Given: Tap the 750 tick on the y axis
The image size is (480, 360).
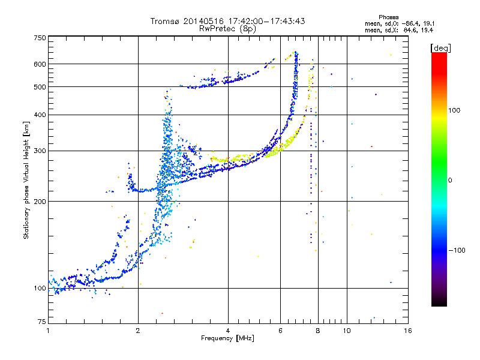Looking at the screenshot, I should click(x=40, y=38).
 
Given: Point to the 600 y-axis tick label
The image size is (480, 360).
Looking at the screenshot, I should click(x=40, y=64).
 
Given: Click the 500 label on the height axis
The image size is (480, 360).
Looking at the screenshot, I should click(x=40, y=87).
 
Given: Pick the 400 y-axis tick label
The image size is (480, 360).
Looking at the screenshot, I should click(x=40, y=115).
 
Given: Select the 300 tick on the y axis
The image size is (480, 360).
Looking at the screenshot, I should click(x=40, y=151).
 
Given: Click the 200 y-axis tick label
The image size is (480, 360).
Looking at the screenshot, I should click(x=40, y=202).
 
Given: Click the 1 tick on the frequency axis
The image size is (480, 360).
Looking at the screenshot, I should click(x=49, y=331).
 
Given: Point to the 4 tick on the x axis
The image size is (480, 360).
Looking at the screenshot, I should click(x=228, y=331).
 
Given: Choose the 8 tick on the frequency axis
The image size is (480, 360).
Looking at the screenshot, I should click(x=318, y=331).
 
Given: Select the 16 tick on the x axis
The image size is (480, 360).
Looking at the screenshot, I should click(x=407, y=331).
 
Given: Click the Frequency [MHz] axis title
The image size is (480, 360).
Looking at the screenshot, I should click(x=227, y=339).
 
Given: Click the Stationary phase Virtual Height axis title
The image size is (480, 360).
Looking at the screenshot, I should click(x=26, y=181).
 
